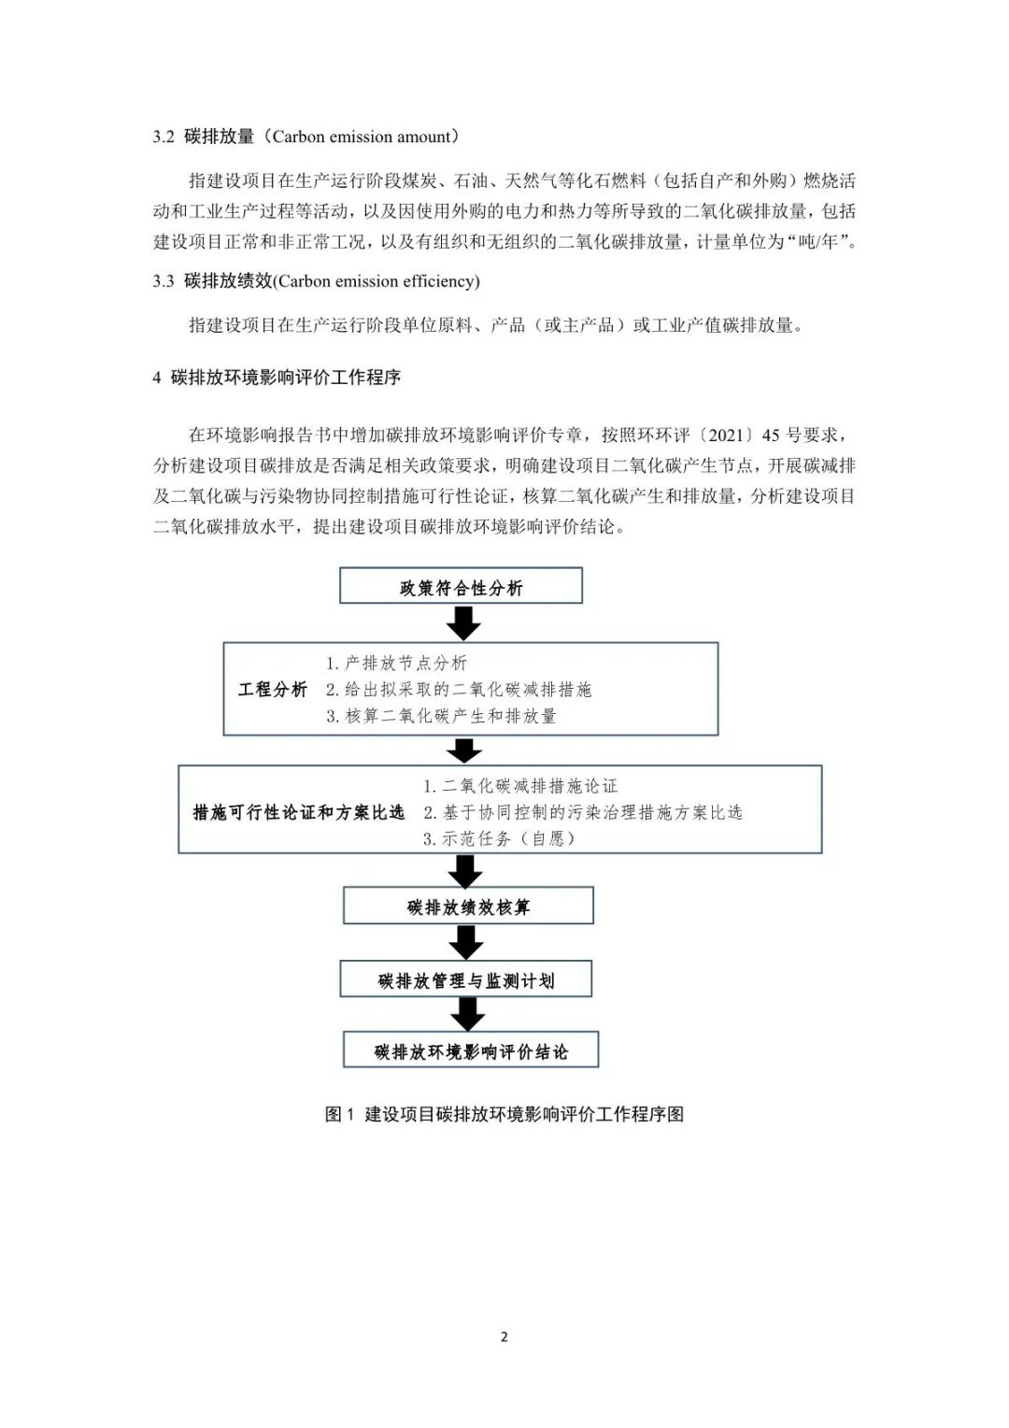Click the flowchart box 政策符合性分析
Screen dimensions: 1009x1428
pyautogui.click(x=461, y=585)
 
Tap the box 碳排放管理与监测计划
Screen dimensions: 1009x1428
pyautogui.click(x=466, y=979)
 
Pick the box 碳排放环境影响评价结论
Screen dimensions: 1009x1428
pyautogui.click(x=471, y=1050)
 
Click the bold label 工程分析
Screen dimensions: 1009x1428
pyautogui.click(x=273, y=689)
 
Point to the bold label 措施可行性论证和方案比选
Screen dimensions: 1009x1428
pyautogui.click(x=299, y=812)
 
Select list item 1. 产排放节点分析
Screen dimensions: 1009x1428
pyautogui.click(x=396, y=663)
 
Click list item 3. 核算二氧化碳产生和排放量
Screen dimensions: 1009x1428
pyautogui.click(x=441, y=716)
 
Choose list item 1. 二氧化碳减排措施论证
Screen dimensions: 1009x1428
pyautogui.click(x=520, y=785)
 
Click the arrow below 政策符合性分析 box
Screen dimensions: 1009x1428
pyautogui.click(x=463, y=622)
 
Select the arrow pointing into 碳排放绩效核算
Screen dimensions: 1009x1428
pyautogui.click(x=466, y=871)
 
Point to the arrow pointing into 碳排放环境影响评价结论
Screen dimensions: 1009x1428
pyautogui.click(x=468, y=1014)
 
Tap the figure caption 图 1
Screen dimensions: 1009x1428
pyautogui.click(x=339, y=1114)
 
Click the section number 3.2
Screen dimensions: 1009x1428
pyautogui.click(x=163, y=137)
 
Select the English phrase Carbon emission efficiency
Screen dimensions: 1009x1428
pyautogui.click(x=377, y=281)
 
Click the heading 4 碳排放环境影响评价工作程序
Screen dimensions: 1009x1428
pyautogui.click(x=277, y=378)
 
